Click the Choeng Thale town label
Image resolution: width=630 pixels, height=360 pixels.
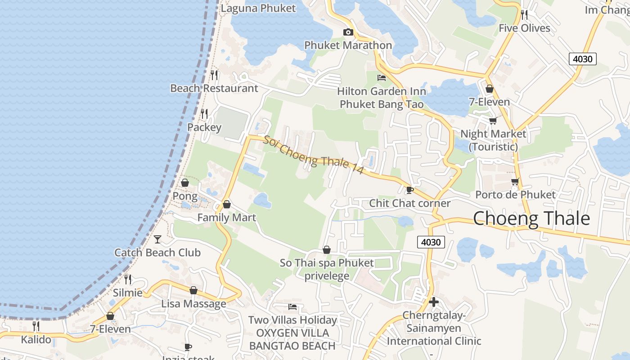531,219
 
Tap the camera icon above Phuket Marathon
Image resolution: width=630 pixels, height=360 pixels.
348,32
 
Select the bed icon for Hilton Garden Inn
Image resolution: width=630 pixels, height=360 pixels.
382,77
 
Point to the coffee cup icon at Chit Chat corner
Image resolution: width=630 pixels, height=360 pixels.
409,190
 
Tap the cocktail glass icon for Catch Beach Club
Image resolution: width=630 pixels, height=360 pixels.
157,239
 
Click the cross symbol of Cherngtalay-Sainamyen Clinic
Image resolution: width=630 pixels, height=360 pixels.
434,301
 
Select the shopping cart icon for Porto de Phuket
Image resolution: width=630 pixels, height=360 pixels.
515,181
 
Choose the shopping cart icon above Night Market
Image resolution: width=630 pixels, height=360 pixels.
493,121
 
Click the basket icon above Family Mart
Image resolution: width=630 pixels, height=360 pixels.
227,204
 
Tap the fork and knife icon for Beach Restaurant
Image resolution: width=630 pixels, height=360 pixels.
214,75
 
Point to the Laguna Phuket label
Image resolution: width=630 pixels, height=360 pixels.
259,8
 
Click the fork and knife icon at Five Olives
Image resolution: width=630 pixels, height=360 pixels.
524,14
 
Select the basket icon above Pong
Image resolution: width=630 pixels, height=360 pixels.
184,183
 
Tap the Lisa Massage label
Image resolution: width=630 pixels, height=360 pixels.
193,304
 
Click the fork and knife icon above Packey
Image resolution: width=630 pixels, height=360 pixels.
204,113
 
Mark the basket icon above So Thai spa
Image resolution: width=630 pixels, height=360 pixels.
327,249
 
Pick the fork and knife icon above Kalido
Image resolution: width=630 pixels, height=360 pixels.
36,326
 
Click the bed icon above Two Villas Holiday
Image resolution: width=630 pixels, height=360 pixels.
292,307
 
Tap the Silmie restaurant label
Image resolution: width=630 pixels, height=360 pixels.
128,293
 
